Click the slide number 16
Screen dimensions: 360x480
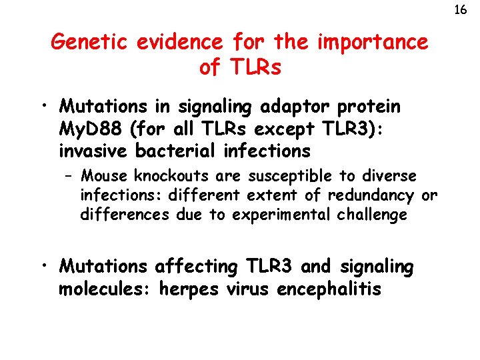point(460,10)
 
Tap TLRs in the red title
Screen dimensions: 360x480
point(256,68)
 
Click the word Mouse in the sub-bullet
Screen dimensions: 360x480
point(105,176)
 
